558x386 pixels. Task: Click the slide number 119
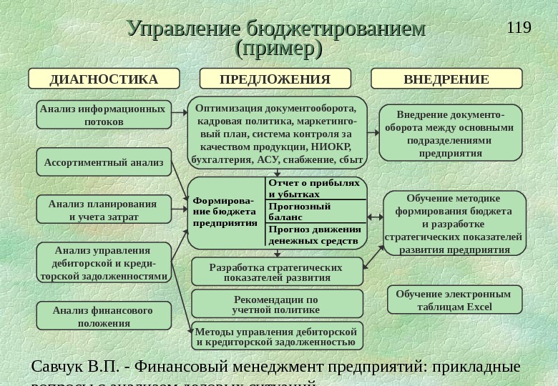519,28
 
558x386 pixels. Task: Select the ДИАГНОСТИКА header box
103,79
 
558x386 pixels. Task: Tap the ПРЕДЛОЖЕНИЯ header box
275,79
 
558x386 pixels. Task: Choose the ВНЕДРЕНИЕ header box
446,79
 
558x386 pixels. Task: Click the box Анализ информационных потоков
103,115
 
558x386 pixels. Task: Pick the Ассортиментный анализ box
104,162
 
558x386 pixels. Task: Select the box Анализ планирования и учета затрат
104,210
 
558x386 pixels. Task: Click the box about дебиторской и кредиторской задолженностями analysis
104,263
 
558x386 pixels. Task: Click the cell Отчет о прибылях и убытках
315,188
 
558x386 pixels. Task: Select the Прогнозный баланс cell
315,211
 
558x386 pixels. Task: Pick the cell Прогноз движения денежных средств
315,234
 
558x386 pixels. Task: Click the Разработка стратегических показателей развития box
276,272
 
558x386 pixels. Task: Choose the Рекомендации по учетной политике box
276,304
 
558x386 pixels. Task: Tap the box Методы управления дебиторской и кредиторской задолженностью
276,336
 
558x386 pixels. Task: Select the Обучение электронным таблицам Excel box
454,300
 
